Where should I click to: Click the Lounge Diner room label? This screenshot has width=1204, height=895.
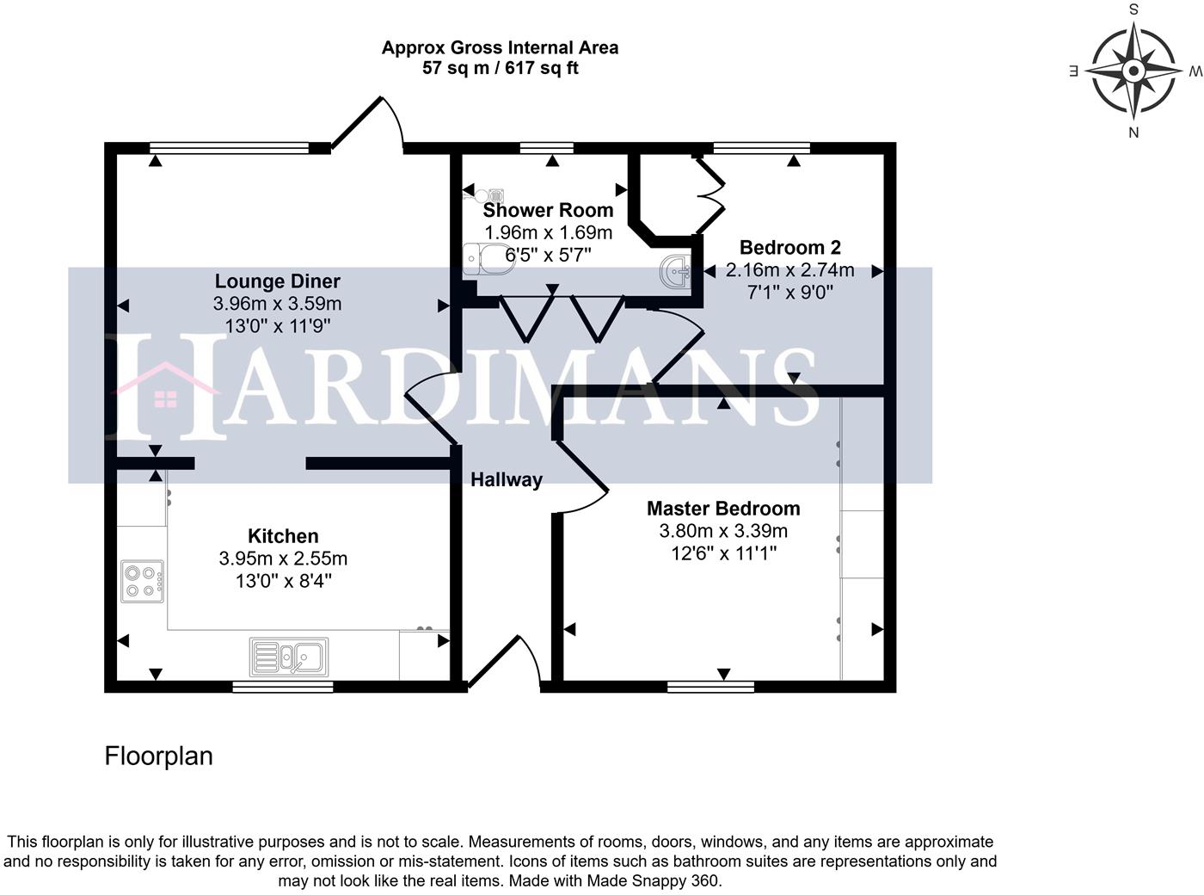[278, 281]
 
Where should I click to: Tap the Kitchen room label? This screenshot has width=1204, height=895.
[283, 536]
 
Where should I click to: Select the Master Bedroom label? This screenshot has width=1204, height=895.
[723, 508]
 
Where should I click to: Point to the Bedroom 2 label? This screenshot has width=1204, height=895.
[789, 247]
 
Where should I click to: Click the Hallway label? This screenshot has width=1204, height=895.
[507, 479]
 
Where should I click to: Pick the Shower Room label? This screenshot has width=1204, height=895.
[549, 210]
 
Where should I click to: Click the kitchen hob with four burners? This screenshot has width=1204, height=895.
[142, 582]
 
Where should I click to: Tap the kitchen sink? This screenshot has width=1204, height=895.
[289, 657]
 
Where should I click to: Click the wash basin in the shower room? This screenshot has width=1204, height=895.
[676, 270]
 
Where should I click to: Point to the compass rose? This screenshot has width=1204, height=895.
[1133, 71]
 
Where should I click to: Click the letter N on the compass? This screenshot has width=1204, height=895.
[1133, 132]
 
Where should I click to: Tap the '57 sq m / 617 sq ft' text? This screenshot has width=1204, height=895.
[501, 68]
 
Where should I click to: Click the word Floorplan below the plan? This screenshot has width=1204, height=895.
[158, 756]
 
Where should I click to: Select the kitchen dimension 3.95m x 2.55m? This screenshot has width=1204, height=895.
[283, 559]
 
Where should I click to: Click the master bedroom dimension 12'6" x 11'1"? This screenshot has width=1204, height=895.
[723, 553]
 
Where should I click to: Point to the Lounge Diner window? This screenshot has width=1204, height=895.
[229, 147]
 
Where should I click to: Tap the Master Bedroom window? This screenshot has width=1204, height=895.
[710, 687]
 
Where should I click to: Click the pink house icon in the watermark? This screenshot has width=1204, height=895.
[166, 385]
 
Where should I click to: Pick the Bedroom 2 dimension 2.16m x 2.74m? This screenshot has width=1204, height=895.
[789, 269]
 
